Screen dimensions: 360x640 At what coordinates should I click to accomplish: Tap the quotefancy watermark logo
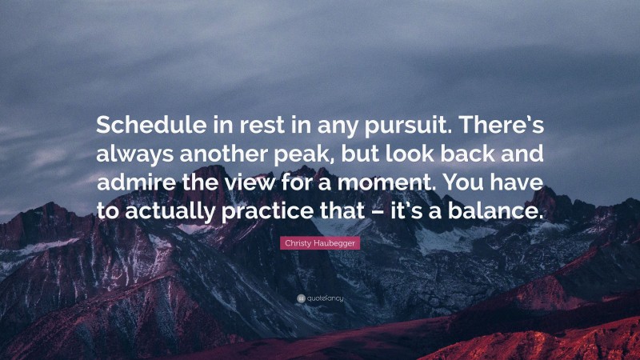tap(320, 298)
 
